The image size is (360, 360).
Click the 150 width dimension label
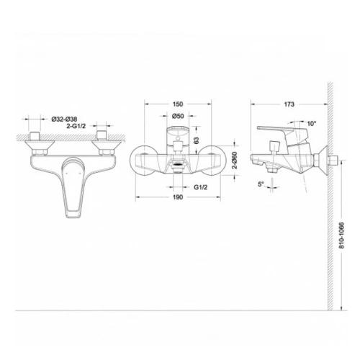point(178,104)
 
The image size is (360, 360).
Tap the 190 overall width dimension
point(178,197)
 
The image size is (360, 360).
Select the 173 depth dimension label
point(289,104)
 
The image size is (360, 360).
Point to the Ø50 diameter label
point(178,116)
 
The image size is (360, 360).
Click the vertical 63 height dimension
point(197,140)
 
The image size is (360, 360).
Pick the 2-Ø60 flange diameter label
point(235,160)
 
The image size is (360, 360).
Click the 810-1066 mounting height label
point(342,235)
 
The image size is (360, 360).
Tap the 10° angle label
point(312,124)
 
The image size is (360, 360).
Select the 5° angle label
point(261,184)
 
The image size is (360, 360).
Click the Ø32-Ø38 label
point(64,119)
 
